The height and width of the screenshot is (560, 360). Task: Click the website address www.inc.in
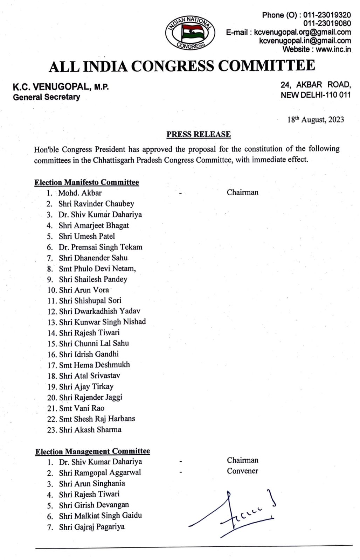click(x=333, y=49)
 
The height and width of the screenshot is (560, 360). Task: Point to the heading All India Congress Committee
click(x=182, y=66)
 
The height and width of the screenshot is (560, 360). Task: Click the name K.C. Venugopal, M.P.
click(x=61, y=87)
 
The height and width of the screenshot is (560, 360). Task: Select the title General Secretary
click(x=47, y=97)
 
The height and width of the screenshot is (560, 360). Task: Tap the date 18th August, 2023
click(x=316, y=120)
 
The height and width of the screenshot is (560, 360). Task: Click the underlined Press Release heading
click(x=198, y=134)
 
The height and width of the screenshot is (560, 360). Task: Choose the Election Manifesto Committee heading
click(x=86, y=182)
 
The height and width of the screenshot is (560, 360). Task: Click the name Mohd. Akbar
click(x=80, y=192)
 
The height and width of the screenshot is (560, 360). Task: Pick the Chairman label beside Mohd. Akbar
click(x=242, y=192)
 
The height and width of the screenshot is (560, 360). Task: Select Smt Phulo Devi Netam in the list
click(x=97, y=268)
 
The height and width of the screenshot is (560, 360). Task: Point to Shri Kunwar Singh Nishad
click(x=102, y=322)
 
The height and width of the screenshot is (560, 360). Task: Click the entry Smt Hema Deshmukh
click(x=94, y=365)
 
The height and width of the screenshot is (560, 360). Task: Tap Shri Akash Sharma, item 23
click(x=90, y=429)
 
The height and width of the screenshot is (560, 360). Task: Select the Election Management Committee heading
click(x=92, y=451)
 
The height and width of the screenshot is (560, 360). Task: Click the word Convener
click(x=242, y=471)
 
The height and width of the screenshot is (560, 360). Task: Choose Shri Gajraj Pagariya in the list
click(x=91, y=527)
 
